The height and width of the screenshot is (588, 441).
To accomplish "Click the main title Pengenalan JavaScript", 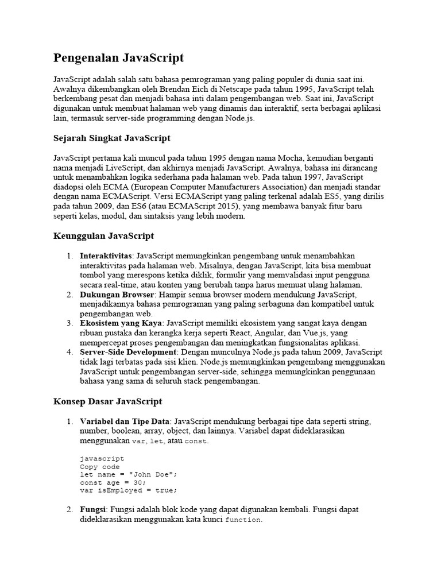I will coord(118,57).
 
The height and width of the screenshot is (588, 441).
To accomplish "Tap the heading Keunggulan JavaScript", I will coord(103,236).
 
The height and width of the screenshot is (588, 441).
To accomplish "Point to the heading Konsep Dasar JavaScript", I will coord(107,401).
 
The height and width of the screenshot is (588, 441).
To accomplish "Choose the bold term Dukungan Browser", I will coord(117,295).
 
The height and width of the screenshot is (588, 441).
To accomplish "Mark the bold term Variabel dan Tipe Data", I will coord(126,421).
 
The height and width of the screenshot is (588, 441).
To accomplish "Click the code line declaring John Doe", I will coord(129,474).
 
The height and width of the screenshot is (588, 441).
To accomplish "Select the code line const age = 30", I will coord(113,482).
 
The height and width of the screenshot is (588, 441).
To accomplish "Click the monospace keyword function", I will coord(243,520).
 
